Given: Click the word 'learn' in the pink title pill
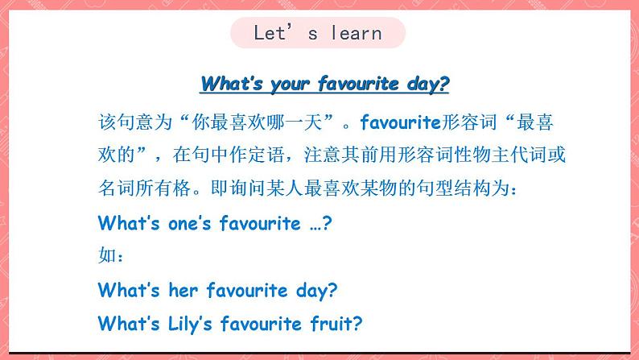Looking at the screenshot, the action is coord(357,32).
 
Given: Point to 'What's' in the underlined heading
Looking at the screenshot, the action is coord(232,83).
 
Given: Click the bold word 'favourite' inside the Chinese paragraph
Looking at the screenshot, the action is coord(401,122).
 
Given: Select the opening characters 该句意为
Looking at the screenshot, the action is coord(135,122).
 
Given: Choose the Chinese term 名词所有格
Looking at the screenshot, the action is coord(145,188).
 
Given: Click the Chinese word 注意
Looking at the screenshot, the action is coord(323,155).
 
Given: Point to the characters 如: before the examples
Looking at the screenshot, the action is coord(110,255).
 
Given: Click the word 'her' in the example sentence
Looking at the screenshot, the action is coord(183,290).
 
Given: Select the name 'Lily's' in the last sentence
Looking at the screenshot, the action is coord(190,325).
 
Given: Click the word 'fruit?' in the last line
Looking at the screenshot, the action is coord(336,324).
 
